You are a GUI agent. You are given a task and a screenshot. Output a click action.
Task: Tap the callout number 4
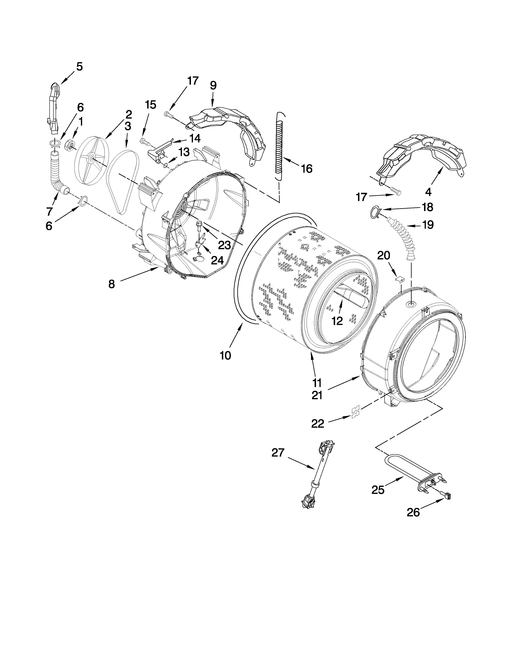[x=428, y=192]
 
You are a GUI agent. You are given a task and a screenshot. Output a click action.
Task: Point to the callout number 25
[x=378, y=490]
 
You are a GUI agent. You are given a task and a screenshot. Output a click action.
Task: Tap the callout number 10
[x=225, y=355]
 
